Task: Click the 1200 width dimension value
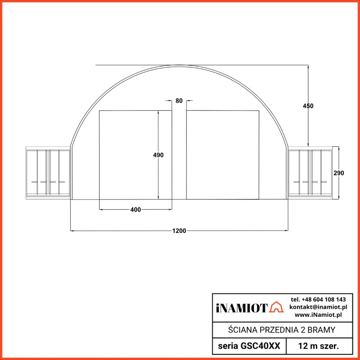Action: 179,231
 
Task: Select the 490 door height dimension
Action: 158,155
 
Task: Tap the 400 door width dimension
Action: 135,210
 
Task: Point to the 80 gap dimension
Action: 179,101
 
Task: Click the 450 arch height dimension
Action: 308,106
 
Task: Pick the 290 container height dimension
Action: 339,173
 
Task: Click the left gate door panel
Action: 135,154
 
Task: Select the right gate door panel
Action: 223,154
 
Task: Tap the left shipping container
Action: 48,173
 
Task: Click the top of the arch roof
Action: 179,66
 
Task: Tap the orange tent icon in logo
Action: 276,308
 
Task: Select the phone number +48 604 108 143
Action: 318,299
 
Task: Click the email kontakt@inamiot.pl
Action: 318,307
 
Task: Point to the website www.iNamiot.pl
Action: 318,315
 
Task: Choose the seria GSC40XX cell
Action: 249,346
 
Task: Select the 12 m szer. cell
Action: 318,346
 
